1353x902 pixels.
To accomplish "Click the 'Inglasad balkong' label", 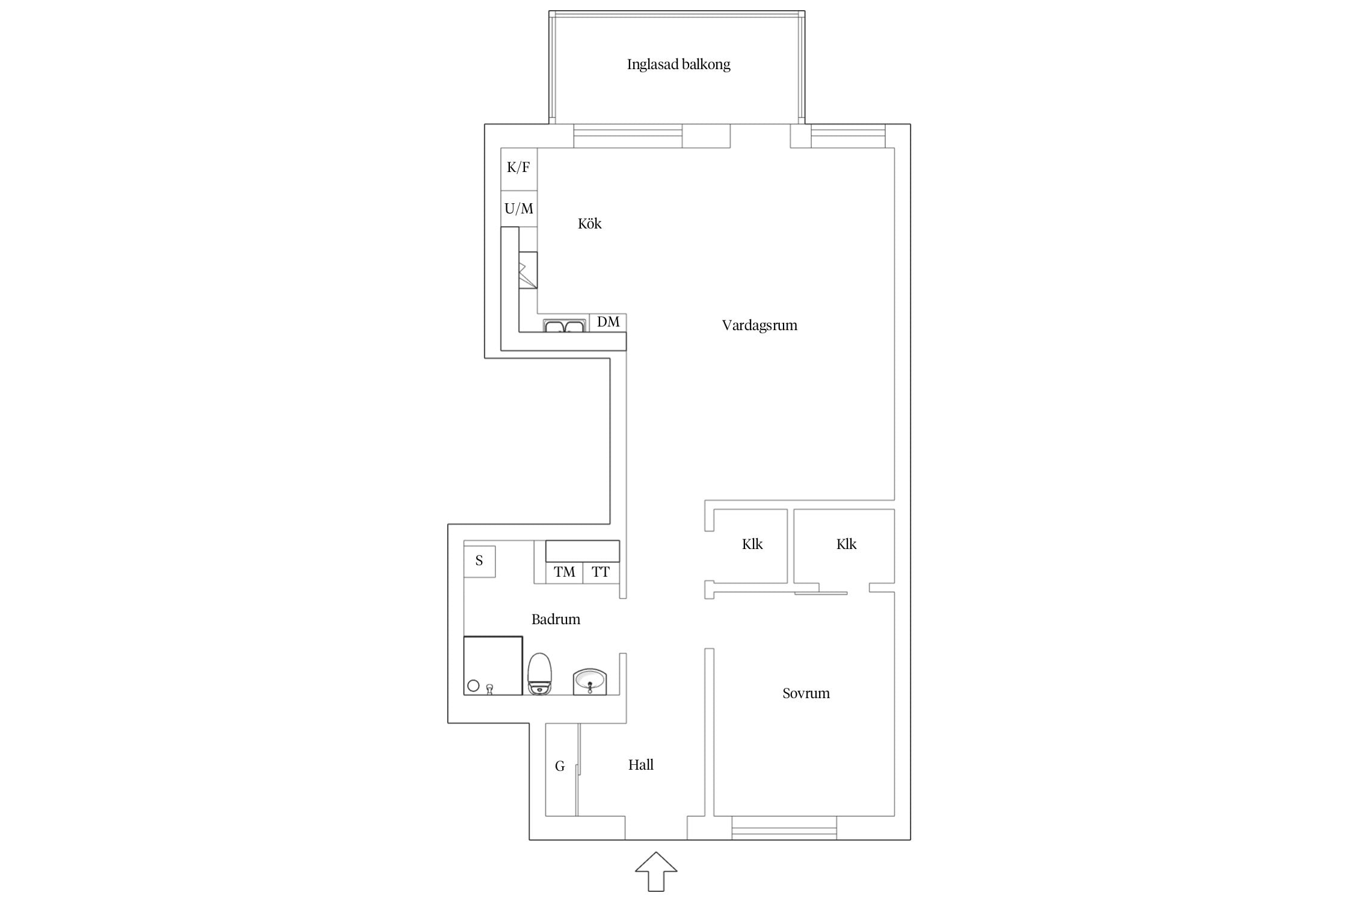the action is (x=678, y=64).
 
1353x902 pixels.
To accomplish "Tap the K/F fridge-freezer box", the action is (x=519, y=169).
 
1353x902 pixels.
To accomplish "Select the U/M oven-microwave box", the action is (x=519, y=209).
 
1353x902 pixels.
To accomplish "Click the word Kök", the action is (x=589, y=224).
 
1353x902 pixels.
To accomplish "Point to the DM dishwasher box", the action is (x=608, y=322).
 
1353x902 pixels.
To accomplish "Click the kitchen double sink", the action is (x=564, y=325).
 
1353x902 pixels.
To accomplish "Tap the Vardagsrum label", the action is (x=759, y=325).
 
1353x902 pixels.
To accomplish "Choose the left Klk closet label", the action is (x=752, y=544).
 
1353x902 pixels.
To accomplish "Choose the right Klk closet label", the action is (x=846, y=544).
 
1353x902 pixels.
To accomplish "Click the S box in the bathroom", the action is (x=479, y=562).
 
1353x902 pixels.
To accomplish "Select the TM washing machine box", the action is (x=564, y=572).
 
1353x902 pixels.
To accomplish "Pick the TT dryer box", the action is (x=601, y=572).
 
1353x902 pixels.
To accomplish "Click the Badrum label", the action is (x=556, y=619).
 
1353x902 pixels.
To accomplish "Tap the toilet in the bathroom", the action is (x=539, y=674).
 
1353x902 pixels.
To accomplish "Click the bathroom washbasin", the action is (x=590, y=681).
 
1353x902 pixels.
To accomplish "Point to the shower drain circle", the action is (x=473, y=686).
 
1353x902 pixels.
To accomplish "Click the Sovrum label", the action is (x=806, y=693).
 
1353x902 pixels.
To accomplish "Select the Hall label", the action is (x=641, y=765).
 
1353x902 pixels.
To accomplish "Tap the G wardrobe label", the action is (x=560, y=766).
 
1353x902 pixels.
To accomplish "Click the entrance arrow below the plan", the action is (x=656, y=871).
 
